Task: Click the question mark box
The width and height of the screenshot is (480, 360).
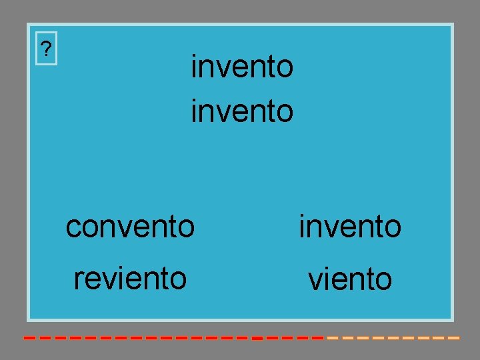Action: tap(46, 49)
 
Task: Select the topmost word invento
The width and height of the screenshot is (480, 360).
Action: tap(242, 67)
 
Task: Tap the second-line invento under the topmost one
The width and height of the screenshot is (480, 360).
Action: tap(242, 111)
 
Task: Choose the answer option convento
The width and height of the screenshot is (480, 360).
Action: tap(130, 227)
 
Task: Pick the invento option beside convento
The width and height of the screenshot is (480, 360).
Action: tap(350, 227)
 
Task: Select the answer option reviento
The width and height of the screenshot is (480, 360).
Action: tap(130, 278)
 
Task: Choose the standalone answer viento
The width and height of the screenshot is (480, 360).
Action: tap(350, 279)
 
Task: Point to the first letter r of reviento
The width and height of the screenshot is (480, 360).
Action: tap(77, 279)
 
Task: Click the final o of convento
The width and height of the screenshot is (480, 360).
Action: tap(187, 228)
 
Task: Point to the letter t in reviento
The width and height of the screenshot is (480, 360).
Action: tap(164, 278)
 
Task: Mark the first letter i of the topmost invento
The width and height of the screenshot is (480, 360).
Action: tap(194, 67)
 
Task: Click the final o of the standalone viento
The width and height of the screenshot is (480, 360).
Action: tap(384, 281)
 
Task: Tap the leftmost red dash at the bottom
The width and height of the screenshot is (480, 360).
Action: tap(29, 338)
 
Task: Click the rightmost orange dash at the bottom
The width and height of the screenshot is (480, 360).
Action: tap(453, 338)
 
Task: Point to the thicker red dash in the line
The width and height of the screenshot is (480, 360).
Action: tap(256, 338)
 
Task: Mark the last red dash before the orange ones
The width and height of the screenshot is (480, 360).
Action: tap(319, 338)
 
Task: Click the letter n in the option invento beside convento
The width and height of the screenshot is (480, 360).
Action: tap(315, 228)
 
